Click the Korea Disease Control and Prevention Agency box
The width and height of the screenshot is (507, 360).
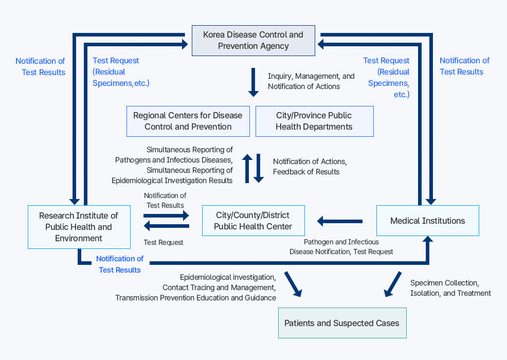click(253, 41)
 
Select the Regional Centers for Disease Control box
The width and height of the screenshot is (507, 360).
click(188, 121)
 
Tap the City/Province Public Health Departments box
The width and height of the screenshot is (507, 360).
click(314, 121)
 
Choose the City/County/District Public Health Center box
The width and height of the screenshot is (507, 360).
click(253, 221)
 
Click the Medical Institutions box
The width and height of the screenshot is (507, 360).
click(427, 221)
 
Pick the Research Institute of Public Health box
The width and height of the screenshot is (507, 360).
click(79, 227)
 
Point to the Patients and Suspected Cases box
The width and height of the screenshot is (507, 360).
click(342, 323)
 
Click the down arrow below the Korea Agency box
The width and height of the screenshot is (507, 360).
click(254, 82)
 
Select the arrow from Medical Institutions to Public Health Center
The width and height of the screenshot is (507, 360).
click(339, 221)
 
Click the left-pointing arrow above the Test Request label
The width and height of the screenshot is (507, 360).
click(167, 226)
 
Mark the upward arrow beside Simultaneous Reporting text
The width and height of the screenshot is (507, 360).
click(247, 168)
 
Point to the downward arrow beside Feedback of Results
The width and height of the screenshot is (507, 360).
click(259, 168)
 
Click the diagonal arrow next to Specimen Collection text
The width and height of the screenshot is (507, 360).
click(393, 284)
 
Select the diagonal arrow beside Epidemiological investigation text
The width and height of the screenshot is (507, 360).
click(293, 284)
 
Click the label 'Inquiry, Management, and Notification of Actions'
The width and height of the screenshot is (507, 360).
click(311, 81)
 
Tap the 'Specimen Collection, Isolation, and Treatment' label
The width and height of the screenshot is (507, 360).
click(450, 288)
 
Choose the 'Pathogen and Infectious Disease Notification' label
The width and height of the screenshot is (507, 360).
click(341, 247)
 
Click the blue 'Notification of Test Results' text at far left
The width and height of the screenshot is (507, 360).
click(40, 66)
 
